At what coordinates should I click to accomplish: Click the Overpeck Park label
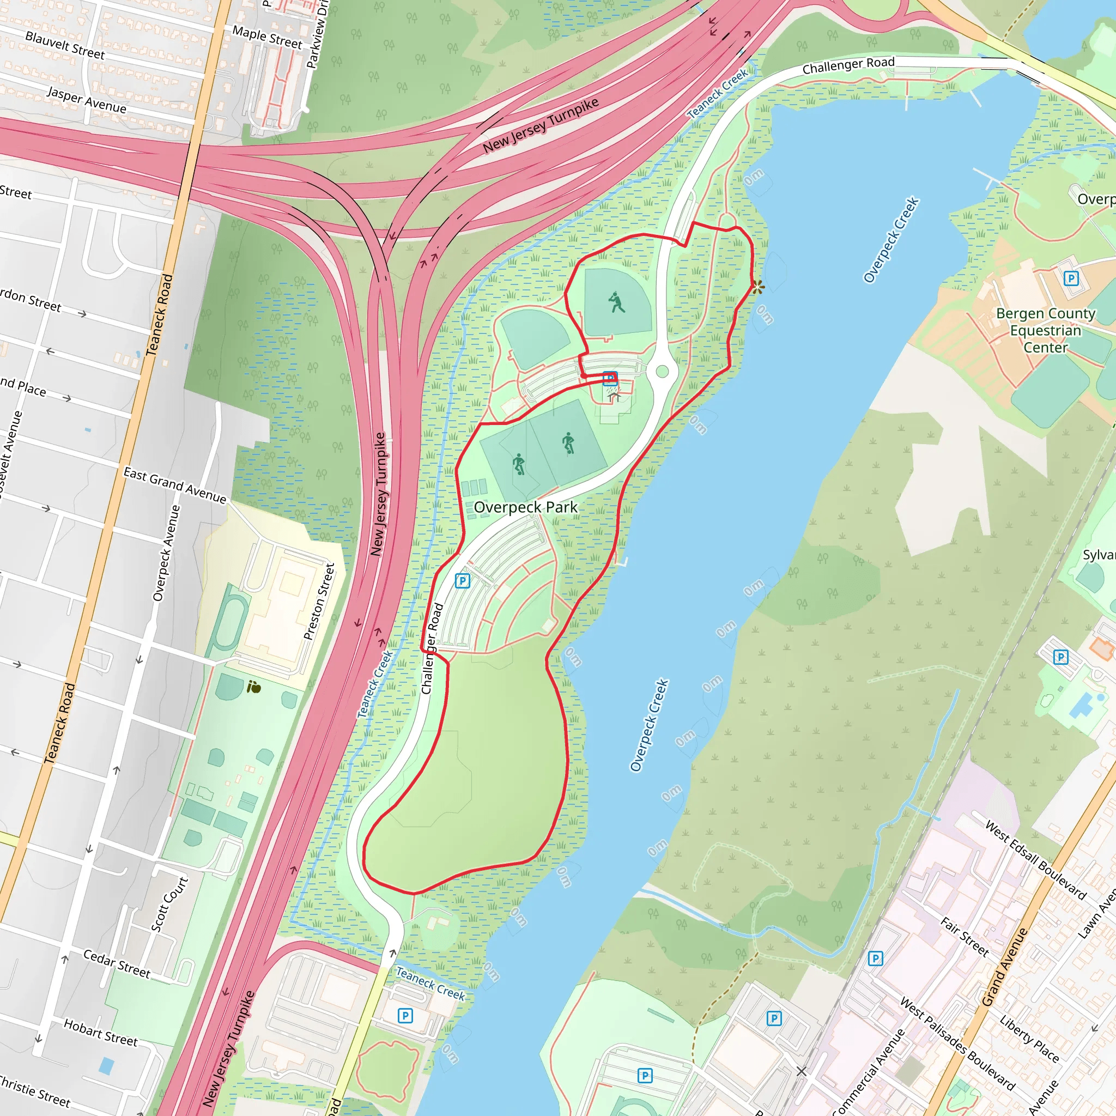click(525, 507)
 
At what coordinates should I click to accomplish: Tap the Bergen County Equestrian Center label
click(1046, 330)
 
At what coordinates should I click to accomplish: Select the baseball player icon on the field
click(617, 302)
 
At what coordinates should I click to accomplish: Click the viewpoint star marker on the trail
click(757, 287)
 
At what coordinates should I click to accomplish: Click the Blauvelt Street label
click(65, 45)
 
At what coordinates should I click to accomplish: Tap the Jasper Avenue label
click(87, 100)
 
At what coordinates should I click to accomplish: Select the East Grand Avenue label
click(175, 486)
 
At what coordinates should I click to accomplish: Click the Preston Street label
click(319, 602)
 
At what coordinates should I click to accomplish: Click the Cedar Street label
click(117, 963)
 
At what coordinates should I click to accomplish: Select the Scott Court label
click(169, 905)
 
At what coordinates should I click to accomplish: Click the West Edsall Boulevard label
click(1036, 859)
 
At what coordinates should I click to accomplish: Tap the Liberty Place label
click(1030, 1038)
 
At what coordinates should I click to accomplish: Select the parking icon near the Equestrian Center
click(1070, 278)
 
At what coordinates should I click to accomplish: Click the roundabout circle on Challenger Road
click(663, 372)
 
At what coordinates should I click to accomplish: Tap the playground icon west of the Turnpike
click(253, 687)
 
